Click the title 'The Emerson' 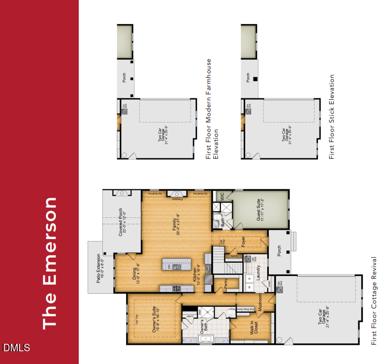[51, 263]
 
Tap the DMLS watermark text [16, 348]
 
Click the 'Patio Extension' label [100, 267]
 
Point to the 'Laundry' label [258, 271]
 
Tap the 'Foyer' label [243, 241]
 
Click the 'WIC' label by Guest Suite [222, 196]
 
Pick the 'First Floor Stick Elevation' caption [332, 117]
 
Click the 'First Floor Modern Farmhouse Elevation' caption [212, 109]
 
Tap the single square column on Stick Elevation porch [255, 79]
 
